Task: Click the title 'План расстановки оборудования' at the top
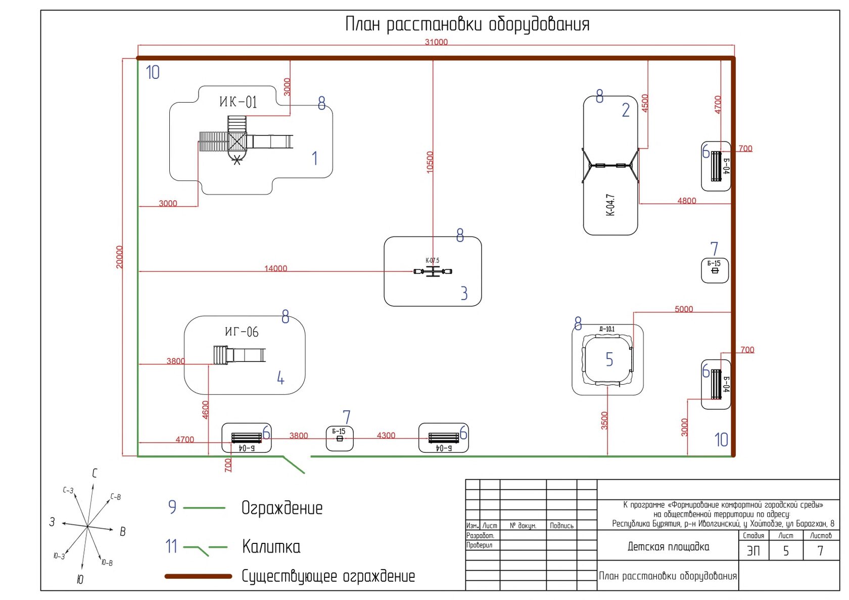pos(467,24)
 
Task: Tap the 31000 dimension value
pos(436,42)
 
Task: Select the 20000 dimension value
pos(120,257)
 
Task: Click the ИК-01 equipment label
pos(238,102)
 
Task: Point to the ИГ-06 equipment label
pos(242,332)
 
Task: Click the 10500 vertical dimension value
pos(430,162)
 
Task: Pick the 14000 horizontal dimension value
pos(275,268)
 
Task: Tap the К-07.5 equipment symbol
pos(433,272)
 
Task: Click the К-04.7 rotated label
pos(610,205)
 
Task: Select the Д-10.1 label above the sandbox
pos(607,329)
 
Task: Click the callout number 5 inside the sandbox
pos(609,359)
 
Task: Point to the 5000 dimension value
pos(684,309)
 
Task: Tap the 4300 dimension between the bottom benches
pos(386,435)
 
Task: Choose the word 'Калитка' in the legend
pos(271,546)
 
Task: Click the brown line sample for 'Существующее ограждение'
pos(198,576)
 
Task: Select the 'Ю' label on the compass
pos(80,580)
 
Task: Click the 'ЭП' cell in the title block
pos(753,550)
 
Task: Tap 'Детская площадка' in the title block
pos(668,546)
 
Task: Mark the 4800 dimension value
pos(687,201)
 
